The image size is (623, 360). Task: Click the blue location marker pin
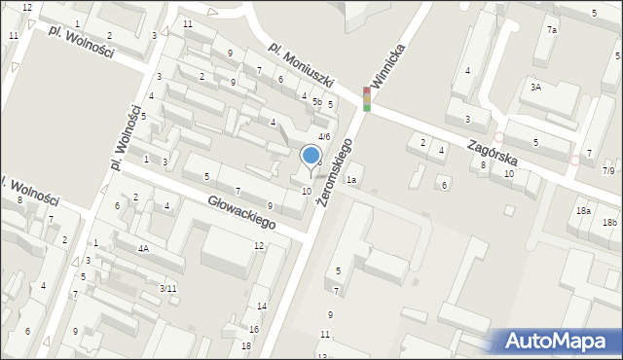[311, 157]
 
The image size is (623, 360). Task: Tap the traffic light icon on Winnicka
[367, 98]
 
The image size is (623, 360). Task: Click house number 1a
[352, 180]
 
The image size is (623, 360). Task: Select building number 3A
[535, 88]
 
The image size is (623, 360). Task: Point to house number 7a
[552, 30]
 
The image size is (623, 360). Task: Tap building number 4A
[143, 248]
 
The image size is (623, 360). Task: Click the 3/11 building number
[168, 288]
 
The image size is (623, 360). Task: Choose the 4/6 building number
[324, 137]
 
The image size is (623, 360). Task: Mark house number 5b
[317, 101]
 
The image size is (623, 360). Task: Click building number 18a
[583, 211]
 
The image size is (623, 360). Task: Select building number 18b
[609, 223]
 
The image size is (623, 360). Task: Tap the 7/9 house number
[608, 171]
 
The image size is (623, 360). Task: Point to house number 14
[262, 306]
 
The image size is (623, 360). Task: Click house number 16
[254, 330]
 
